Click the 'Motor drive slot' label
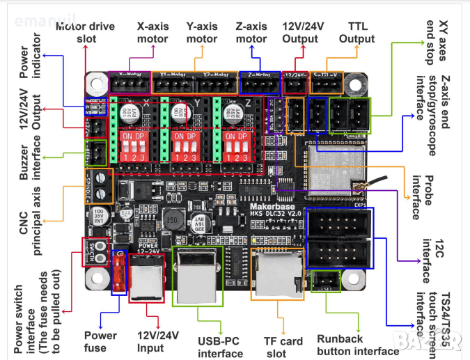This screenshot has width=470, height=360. [86, 32]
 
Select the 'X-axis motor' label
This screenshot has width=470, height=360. [152, 32]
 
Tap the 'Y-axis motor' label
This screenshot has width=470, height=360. [202, 32]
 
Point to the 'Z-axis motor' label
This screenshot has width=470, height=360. [251, 32]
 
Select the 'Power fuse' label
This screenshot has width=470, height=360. [100, 341]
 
